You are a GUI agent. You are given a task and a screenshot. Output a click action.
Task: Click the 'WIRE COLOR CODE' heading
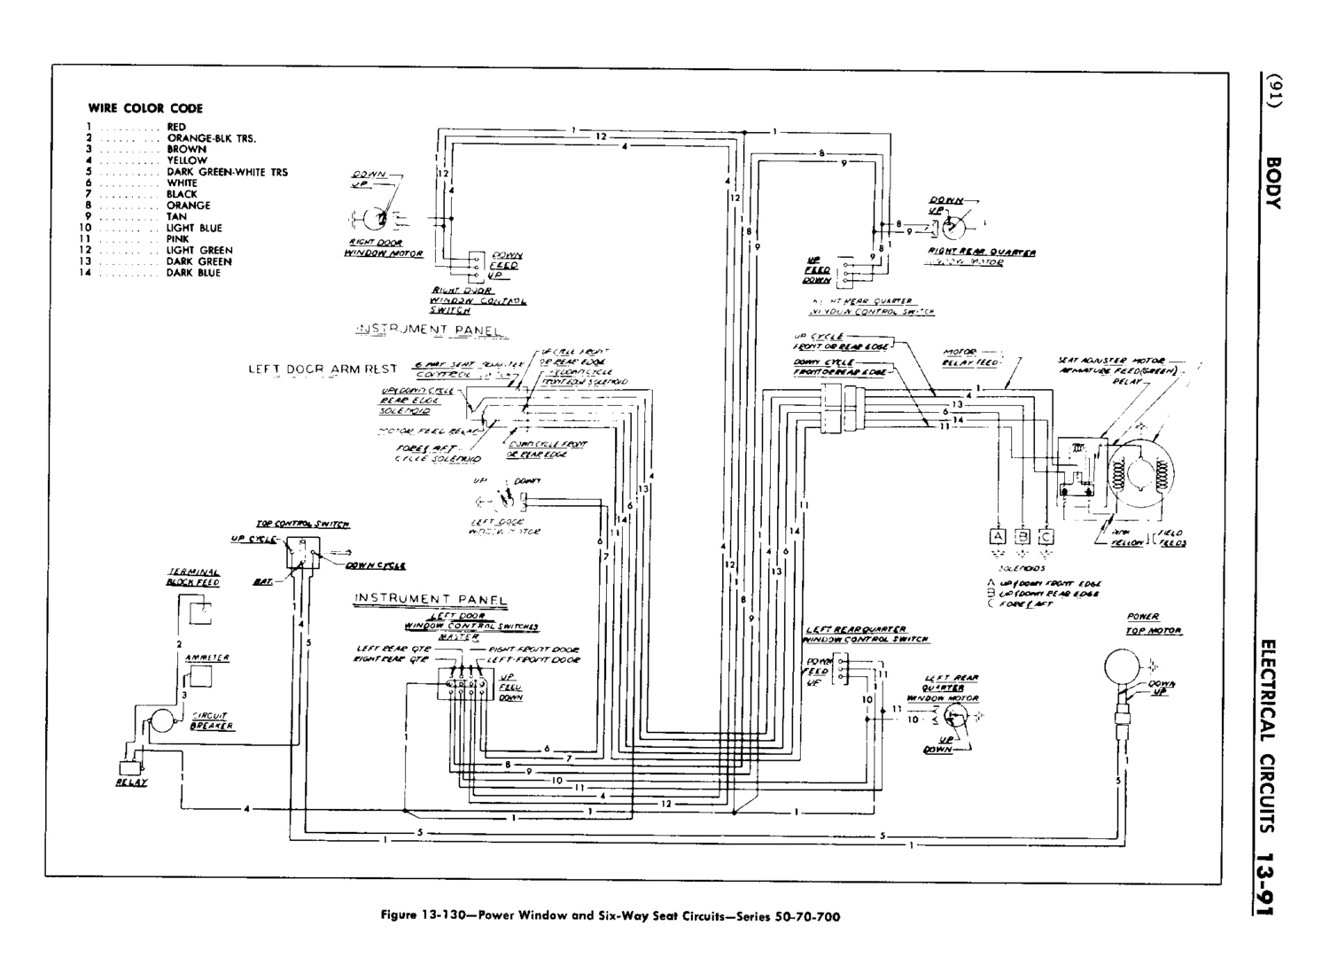pyautogui.click(x=144, y=108)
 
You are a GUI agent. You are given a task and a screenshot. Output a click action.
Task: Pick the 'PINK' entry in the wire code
pyautogui.click(x=178, y=239)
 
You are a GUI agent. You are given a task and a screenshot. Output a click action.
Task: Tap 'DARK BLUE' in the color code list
pyautogui.click(x=193, y=273)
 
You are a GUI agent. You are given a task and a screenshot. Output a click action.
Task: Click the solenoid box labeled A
pyautogui.click(x=998, y=536)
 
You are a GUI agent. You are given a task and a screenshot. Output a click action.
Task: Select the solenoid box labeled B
pyautogui.click(x=1023, y=536)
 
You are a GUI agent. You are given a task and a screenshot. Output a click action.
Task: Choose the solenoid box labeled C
pyautogui.click(x=1046, y=536)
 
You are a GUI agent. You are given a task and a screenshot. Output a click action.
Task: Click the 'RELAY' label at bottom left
pyautogui.click(x=131, y=782)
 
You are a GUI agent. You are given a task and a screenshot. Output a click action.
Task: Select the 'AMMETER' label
pyautogui.click(x=207, y=657)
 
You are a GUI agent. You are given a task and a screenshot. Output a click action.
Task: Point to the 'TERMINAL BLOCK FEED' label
pyautogui.click(x=193, y=578)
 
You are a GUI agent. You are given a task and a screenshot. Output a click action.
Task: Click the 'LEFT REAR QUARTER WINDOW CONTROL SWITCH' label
pyautogui.click(x=866, y=634)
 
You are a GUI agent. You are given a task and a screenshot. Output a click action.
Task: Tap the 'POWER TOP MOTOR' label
pyautogui.click(x=1154, y=624)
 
